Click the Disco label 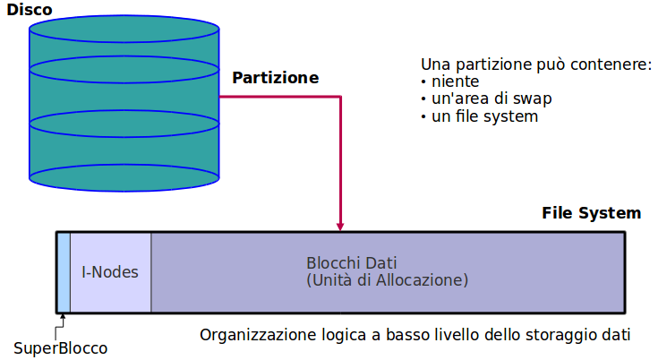pos(30,11)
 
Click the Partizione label pos(276,78)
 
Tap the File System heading pos(591,213)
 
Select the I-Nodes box pos(110,272)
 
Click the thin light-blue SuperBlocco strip pos(64,272)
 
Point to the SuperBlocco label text pos(60,347)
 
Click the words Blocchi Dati pos(352,264)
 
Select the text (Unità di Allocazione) pos(387,280)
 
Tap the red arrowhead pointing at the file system pos(340,226)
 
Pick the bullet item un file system pos(483,116)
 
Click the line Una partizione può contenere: pos(535,65)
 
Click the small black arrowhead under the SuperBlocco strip pos(63,316)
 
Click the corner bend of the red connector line pos(340,96)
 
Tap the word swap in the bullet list pos(534,99)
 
